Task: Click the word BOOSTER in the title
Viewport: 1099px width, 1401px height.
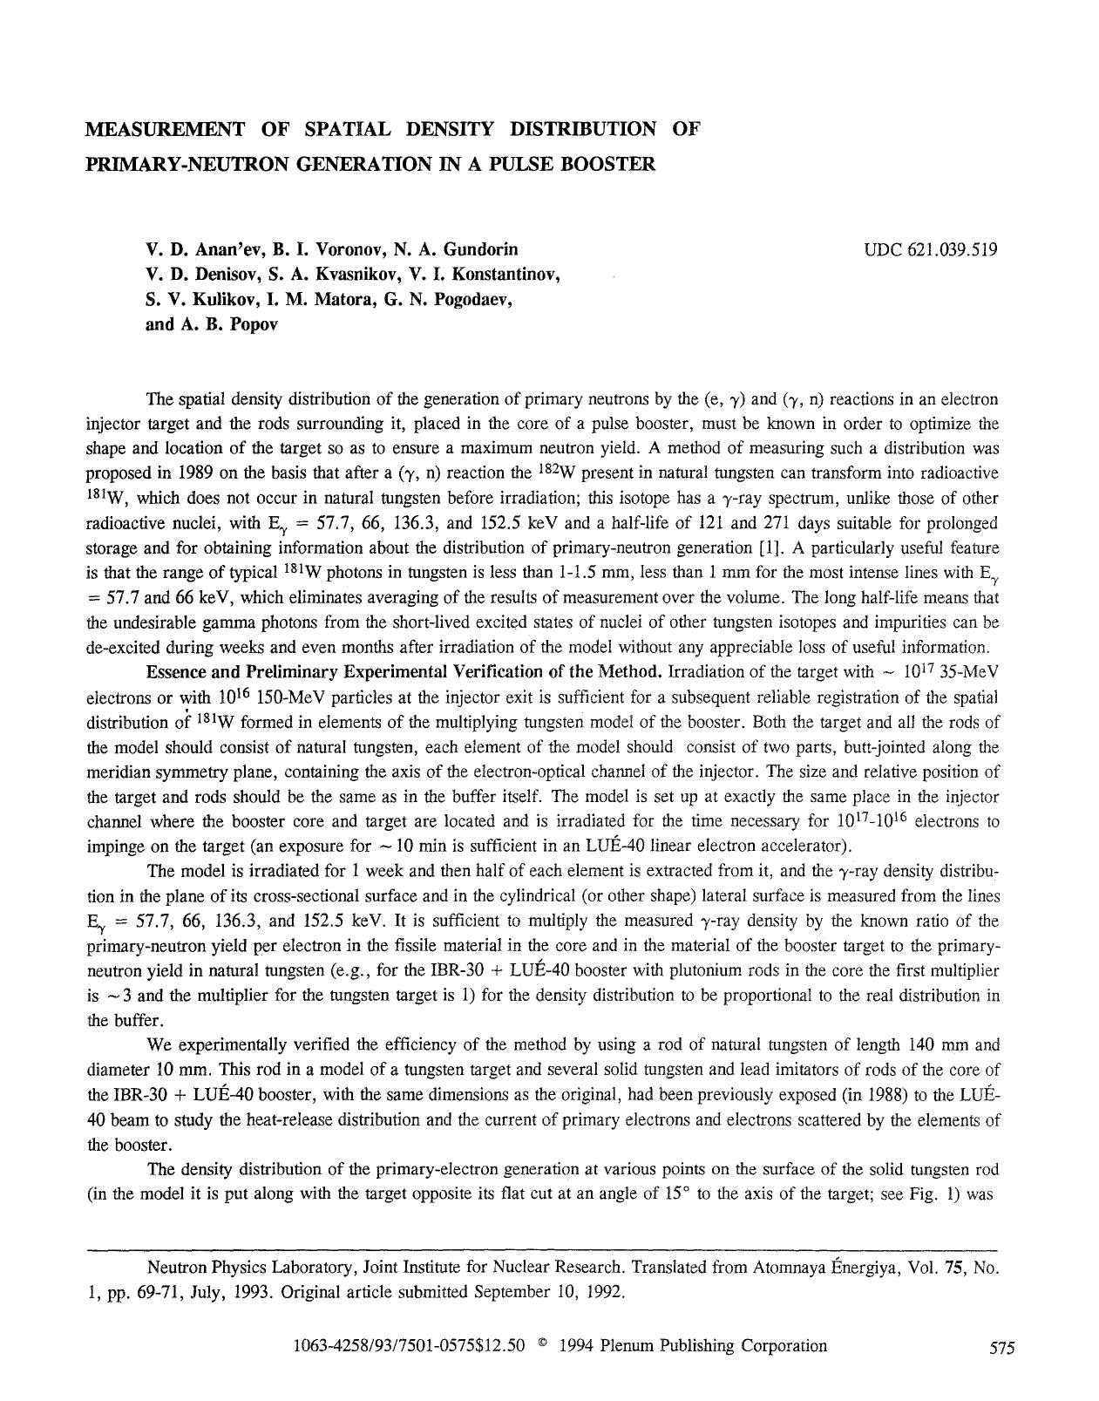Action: pyautogui.click(x=611, y=164)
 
